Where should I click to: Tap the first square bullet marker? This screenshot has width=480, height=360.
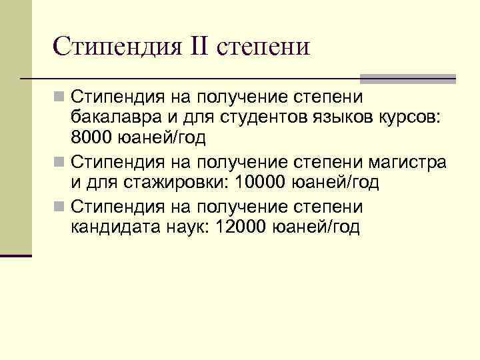[60, 97]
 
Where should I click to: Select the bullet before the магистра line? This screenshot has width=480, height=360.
[60, 162]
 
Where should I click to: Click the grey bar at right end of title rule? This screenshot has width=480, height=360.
[407, 79]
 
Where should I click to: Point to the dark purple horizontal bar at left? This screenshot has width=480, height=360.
[16, 255]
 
